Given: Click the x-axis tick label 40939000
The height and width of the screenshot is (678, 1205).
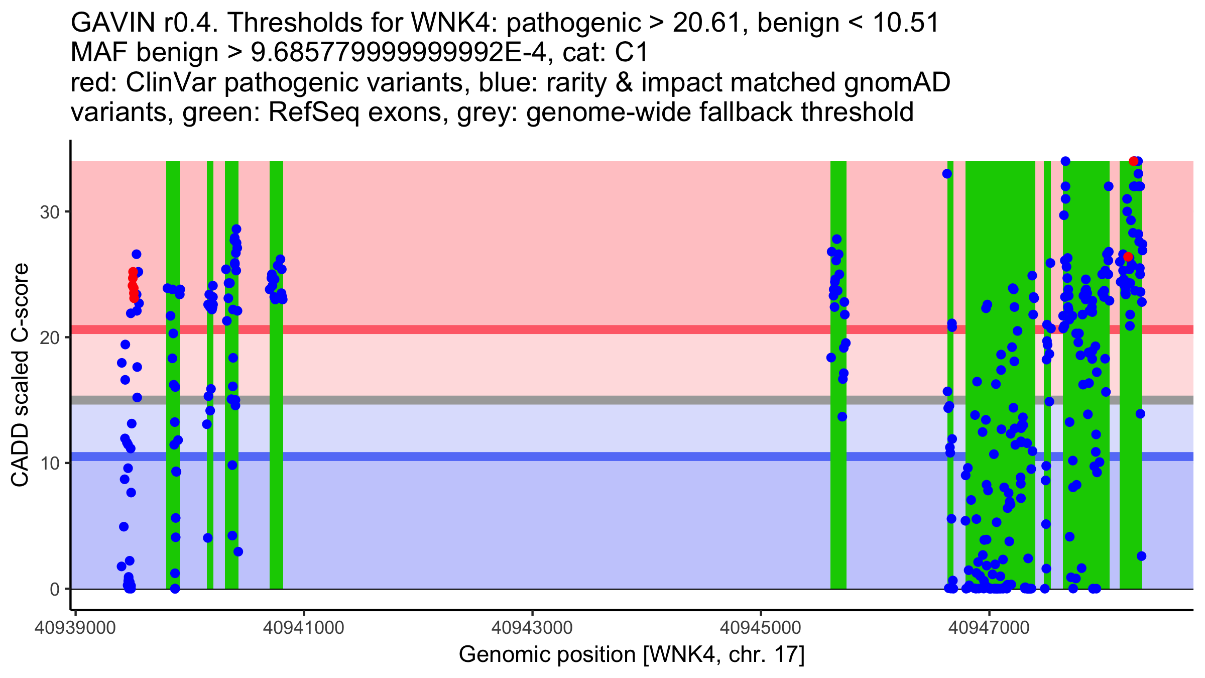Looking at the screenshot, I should point(75,628).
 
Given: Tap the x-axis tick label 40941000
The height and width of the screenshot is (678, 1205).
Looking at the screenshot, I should point(303,628).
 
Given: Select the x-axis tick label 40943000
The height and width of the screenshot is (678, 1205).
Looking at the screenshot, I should point(532,628).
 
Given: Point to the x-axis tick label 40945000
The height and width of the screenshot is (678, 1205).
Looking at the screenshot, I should point(761,628).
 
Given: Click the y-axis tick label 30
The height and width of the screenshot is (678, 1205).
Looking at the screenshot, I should point(50,211).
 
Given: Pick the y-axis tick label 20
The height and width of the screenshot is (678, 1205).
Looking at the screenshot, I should point(50,337).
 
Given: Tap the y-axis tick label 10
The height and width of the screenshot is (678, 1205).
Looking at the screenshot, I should point(50,463).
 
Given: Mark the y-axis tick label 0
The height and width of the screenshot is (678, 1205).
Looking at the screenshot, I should point(55,589).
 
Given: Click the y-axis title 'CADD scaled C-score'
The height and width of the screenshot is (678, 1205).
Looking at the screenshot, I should point(20,375).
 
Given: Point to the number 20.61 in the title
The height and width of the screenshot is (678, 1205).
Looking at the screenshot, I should point(706,23).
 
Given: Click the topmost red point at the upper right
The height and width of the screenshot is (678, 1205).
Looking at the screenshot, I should point(1133,161).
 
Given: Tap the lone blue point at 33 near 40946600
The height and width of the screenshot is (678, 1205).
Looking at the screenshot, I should point(947,174).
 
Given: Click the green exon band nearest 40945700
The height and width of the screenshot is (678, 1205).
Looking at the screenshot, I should point(838,452).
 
